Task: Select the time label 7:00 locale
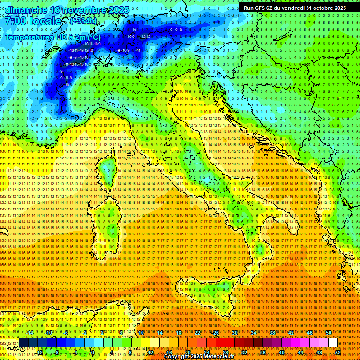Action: coord(33,21)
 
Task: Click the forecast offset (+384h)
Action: coord(83,21)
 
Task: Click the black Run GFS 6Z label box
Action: coord(294,7)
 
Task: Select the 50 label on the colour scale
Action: coord(328,333)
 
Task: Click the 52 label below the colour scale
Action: coord(337,352)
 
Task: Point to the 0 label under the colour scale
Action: coord(93,352)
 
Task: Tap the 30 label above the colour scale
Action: coord(234,333)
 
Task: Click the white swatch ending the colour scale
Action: coord(332,343)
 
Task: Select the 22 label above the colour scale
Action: coord(197,333)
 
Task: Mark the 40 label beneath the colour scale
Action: coord(281,352)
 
